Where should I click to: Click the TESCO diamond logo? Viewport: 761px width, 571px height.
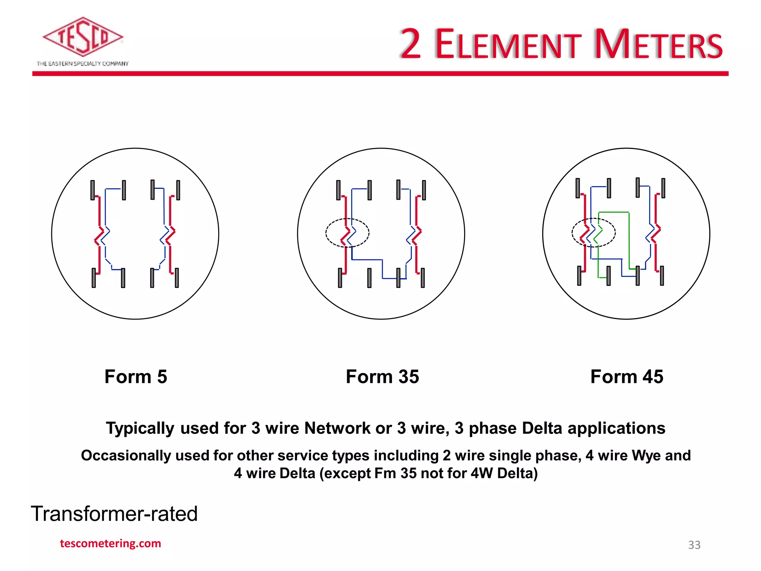(82, 37)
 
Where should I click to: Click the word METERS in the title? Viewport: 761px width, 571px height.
(658, 45)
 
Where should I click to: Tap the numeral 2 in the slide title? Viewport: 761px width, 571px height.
(411, 45)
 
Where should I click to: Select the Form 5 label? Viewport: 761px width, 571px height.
(136, 377)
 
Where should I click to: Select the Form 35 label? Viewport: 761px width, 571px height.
(382, 377)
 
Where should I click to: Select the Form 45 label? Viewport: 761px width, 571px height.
(626, 377)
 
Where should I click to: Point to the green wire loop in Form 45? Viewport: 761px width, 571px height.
(629, 238)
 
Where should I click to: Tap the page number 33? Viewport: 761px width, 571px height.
(694, 545)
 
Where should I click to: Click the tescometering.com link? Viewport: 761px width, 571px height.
(110, 543)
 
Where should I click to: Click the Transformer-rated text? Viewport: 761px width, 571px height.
(114, 514)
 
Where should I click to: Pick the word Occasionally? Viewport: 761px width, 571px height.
(126, 455)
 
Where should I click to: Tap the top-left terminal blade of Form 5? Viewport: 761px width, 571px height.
(93, 190)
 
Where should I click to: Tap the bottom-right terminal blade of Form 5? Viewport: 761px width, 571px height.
(177, 278)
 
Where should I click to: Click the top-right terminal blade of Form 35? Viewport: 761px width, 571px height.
(424, 190)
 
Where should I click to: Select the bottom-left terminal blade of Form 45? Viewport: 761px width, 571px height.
(579, 275)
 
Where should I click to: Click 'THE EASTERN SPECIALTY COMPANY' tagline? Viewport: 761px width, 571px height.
(82, 64)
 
